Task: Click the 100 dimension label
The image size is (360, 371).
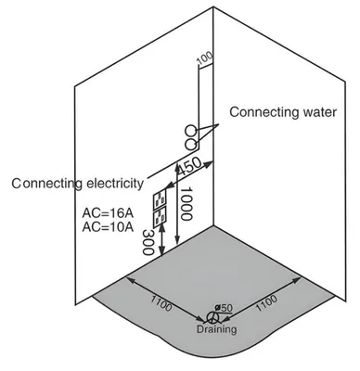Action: pos(205,58)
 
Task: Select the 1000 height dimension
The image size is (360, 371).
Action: pos(186,203)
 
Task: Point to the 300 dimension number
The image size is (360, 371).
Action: pos(148,242)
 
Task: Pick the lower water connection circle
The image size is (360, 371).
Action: pos(190,145)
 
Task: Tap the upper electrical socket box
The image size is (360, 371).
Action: pos(160,198)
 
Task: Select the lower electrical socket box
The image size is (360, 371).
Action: pos(160,217)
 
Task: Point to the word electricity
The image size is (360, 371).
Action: pos(115,184)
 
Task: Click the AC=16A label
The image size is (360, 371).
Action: pos(108,213)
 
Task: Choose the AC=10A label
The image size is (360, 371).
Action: pos(108,227)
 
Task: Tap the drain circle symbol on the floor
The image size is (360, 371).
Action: pos(212,318)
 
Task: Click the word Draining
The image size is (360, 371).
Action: pos(217,329)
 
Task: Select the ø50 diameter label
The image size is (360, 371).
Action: pos(224,308)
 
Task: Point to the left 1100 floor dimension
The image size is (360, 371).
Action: pos(161,303)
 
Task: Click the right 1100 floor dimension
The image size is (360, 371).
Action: pos(266,302)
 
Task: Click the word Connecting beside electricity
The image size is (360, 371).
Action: pos(47,184)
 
